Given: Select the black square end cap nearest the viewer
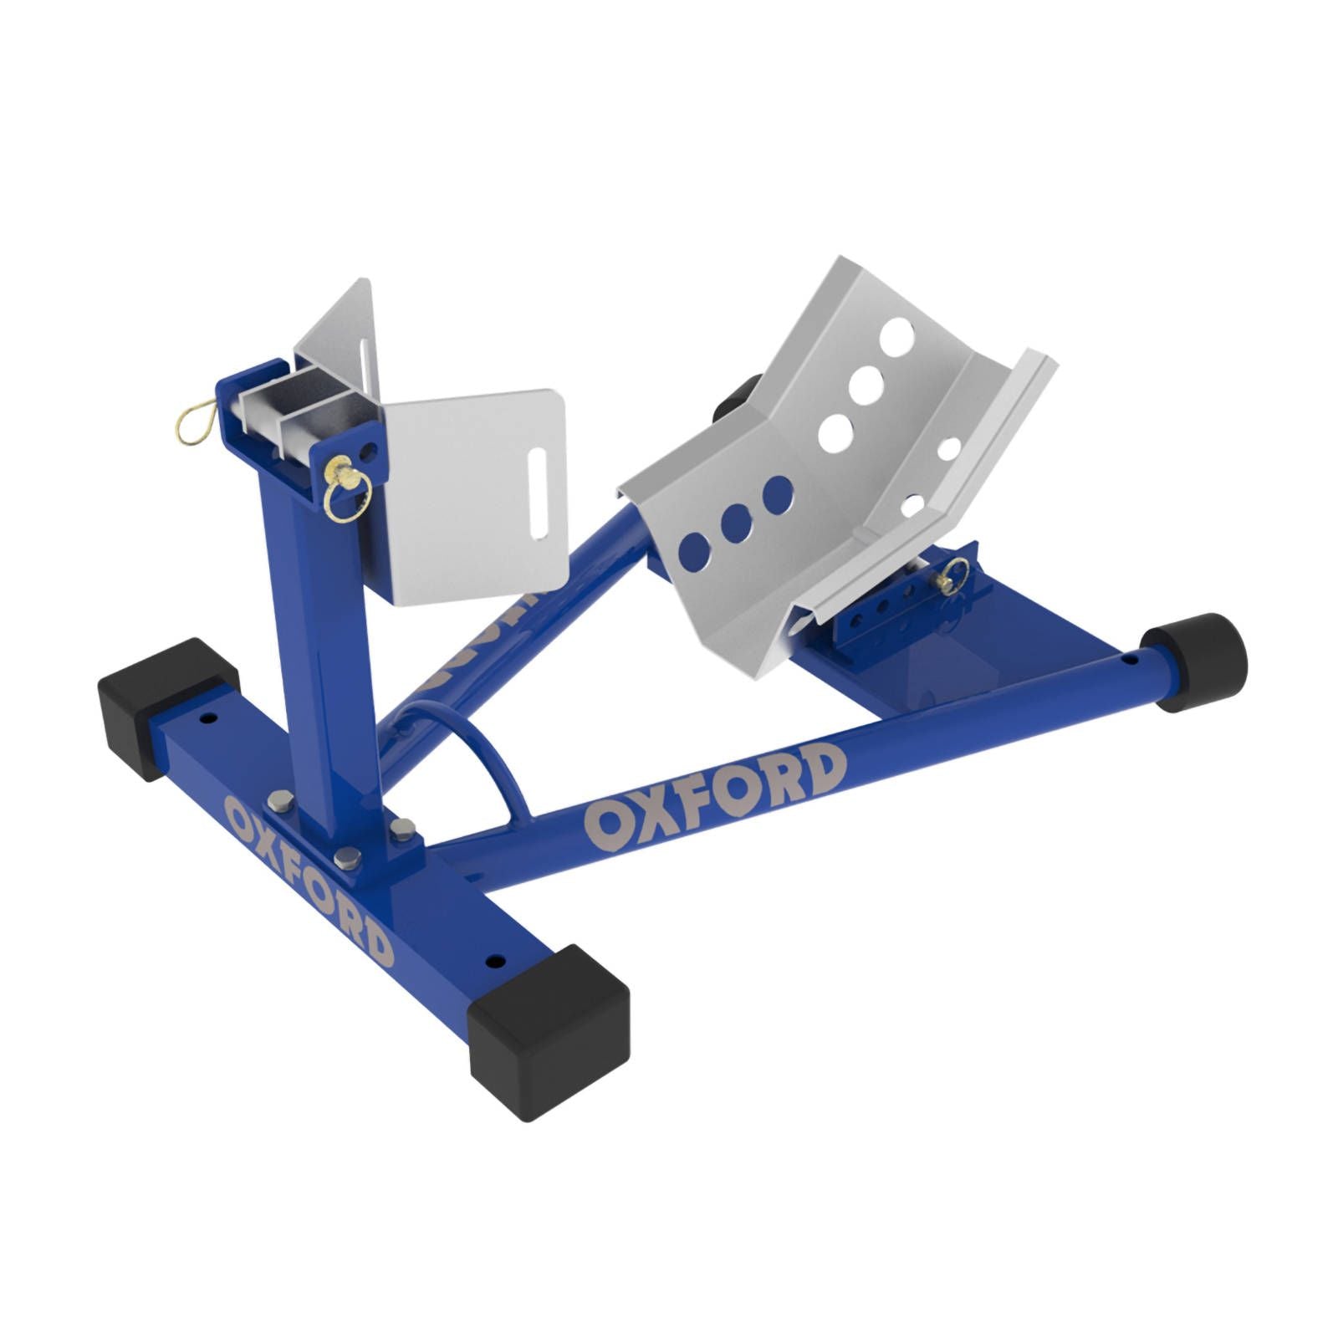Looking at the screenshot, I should (548, 1032).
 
